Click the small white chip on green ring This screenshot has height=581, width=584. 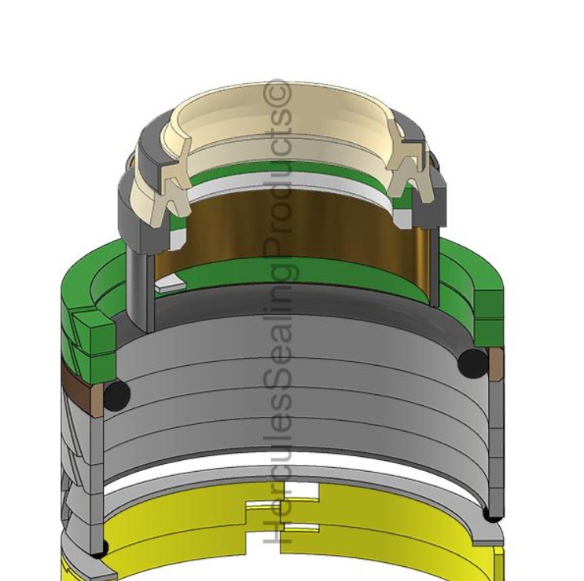tap(167, 287)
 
